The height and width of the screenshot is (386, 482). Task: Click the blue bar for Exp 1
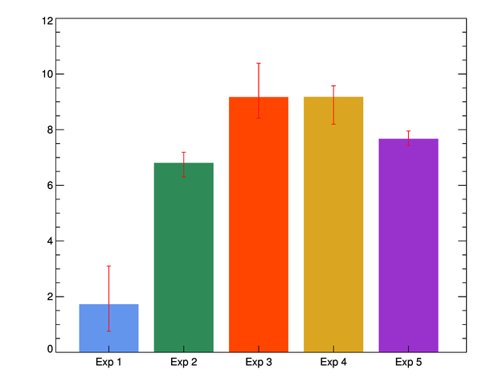[x=108, y=328]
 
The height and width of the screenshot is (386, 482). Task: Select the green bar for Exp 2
[x=183, y=257]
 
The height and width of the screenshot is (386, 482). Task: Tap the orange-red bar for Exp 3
[x=259, y=224]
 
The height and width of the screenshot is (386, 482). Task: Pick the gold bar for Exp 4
[x=333, y=224]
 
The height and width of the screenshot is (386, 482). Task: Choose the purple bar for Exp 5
[x=408, y=245]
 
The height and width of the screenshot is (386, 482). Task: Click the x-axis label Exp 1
[x=108, y=363]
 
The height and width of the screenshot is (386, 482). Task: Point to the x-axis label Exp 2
[x=183, y=363]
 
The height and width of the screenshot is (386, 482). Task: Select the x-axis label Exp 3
[x=259, y=363]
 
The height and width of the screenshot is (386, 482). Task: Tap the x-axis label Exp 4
[x=333, y=363]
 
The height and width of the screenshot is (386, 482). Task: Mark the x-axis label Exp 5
[x=408, y=363]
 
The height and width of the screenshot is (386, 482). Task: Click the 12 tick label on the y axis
[x=48, y=20]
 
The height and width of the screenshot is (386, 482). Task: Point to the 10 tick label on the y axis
[x=48, y=75]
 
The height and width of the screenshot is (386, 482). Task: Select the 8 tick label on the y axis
[x=51, y=130]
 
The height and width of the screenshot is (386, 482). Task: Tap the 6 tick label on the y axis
[x=51, y=186]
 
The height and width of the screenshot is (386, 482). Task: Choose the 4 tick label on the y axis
[x=51, y=241]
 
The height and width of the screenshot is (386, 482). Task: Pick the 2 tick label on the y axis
[x=51, y=297]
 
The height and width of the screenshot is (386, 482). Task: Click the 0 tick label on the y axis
[x=51, y=350]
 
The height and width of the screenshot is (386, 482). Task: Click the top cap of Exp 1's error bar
[x=108, y=266]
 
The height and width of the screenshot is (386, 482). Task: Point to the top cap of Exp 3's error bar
[x=259, y=64]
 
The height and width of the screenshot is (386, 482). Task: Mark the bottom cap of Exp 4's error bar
[x=333, y=124]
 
